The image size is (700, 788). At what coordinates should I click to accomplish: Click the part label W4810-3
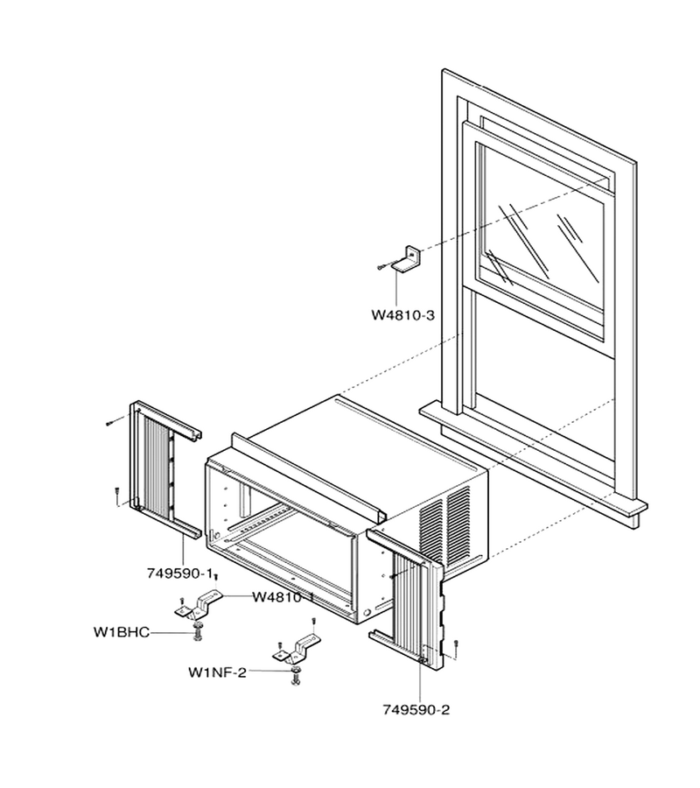coord(402,315)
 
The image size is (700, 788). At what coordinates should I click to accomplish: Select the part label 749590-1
coord(179,573)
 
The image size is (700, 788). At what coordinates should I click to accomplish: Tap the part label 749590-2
coord(416,709)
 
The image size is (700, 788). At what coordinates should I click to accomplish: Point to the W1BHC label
coord(122,631)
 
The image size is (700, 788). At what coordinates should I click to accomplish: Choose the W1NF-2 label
coord(217,672)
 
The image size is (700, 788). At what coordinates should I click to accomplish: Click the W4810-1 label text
coord(283,597)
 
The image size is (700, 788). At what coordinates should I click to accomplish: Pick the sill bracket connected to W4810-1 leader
coord(199,605)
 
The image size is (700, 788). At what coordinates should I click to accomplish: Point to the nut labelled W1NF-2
coord(295,671)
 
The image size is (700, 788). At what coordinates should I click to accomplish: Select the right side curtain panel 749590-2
coord(407,598)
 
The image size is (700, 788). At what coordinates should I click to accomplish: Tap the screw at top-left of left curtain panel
coord(115,421)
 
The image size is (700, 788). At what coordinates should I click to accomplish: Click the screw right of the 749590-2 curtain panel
coord(456,648)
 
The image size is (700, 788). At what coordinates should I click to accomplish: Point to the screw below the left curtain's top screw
coord(116,495)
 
